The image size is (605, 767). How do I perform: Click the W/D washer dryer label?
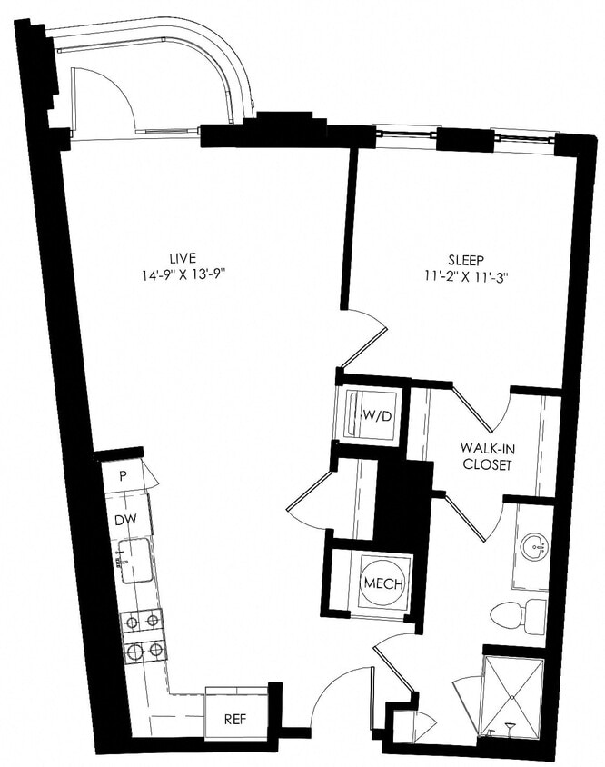(376, 416)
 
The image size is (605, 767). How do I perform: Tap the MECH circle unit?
(382, 583)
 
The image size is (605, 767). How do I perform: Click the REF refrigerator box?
(236, 719)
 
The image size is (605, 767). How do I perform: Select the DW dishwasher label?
(124, 521)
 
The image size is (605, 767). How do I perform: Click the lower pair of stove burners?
(143, 650)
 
